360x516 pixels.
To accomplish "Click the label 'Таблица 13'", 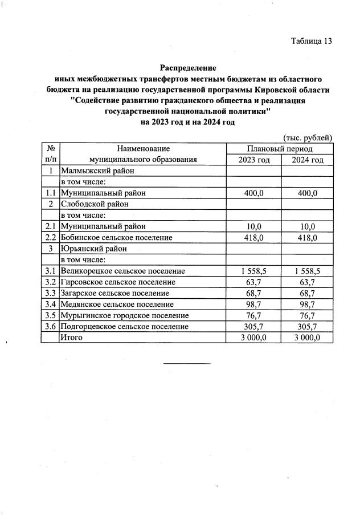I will coord(311,41).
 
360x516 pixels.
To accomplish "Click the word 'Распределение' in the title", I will coord(189,68).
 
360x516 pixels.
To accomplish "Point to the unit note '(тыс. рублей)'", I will coord(308,137).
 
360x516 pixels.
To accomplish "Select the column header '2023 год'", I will coord(254,160).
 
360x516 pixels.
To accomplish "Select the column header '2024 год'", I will coord(308,160).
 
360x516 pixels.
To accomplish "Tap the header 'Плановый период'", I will coord(281,148).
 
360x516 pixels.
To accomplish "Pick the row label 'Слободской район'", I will coord(94,204).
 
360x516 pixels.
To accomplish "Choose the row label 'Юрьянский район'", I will coord(93,249).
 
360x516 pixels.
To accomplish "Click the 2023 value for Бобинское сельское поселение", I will coord(254,238).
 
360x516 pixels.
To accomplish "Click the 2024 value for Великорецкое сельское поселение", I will coord(308,271).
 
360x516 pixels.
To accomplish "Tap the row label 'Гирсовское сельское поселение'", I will coord(118,282).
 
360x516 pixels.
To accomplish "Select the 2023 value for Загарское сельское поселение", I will coord(254,293).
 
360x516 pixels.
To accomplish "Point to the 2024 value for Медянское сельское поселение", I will coord(308,304).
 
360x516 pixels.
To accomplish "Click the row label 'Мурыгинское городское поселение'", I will coord(124,315).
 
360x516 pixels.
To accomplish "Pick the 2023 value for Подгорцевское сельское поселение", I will coord(254,327).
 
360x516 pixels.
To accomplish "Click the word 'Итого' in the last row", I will coord(72,338).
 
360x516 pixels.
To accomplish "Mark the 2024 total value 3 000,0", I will coord(308,338).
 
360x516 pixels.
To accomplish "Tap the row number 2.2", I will coord(50,238).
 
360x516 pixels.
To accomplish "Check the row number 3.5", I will coord(50,315).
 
